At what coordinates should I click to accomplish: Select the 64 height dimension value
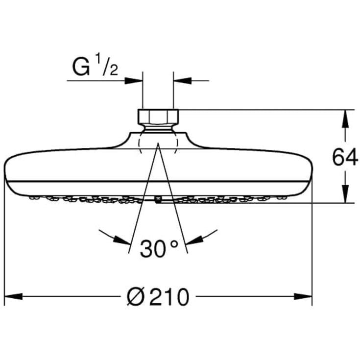point(345,158)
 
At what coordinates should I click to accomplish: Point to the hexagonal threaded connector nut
point(158,117)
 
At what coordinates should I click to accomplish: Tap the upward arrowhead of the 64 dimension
point(345,119)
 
